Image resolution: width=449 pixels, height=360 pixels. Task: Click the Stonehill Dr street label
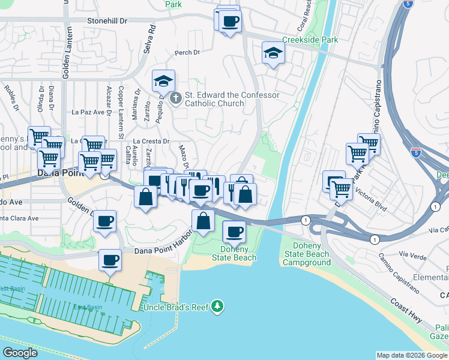[x=107, y=20]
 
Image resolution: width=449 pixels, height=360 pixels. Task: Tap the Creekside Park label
[x=310, y=40]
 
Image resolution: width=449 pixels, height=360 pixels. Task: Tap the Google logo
[x=20, y=353]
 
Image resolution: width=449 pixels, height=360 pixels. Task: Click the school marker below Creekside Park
[x=273, y=55]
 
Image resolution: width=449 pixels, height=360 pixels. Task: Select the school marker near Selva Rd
[x=163, y=82]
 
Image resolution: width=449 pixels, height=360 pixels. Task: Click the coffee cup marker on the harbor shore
[x=109, y=260]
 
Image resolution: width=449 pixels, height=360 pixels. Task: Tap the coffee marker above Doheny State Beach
[x=234, y=232]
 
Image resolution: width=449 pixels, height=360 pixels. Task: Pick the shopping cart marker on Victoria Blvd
[x=342, y=190]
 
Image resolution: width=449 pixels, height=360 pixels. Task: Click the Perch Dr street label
[x=187, y=53]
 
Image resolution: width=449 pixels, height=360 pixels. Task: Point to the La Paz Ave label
[x=88, y=112]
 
